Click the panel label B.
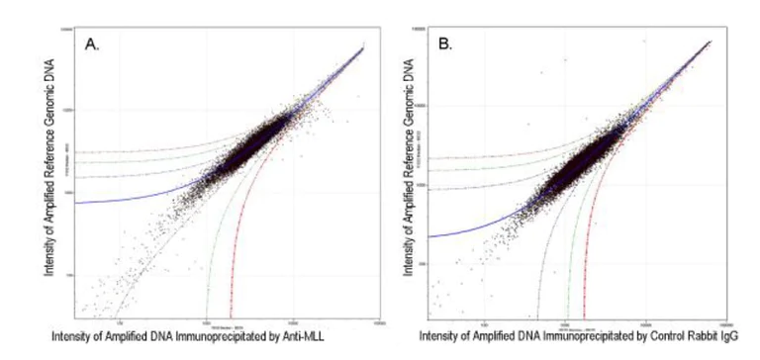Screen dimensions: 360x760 coord(445,45)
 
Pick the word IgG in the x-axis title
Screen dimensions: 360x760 coord(730,337)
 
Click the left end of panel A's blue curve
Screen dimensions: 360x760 coord(76,203)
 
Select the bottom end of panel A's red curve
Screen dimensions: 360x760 coord(231,315)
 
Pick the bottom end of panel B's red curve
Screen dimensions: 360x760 coord(585,315)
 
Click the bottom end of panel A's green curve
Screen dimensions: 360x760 coord(206,315)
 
